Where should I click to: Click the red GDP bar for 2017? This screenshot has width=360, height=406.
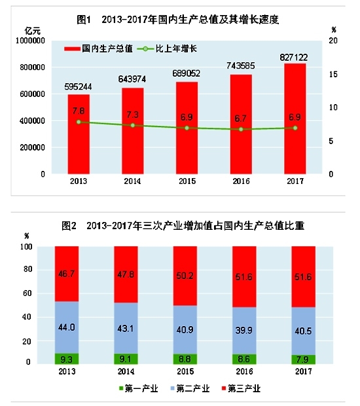click(x=295, y=118)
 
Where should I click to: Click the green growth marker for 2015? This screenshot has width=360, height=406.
click(x=187, y=128)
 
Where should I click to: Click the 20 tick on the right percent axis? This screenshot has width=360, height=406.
click(x=334, y=41)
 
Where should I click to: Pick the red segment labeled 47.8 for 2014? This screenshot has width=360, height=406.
click(x=126, y=274)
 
